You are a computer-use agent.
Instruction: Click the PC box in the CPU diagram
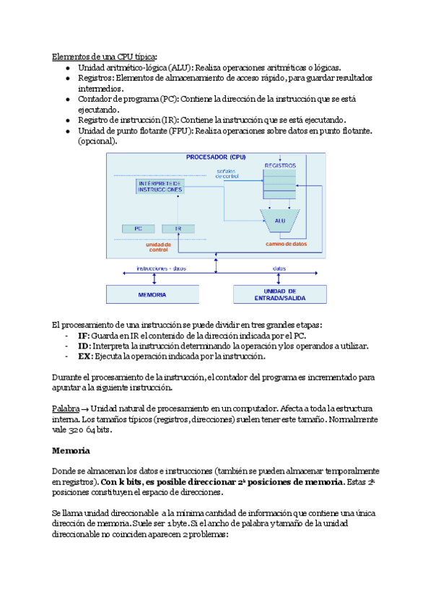(x=138, y=228)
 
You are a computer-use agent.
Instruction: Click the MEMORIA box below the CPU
(x=152, y=294)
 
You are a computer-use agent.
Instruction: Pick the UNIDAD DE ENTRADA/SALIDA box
(x=279, y=294)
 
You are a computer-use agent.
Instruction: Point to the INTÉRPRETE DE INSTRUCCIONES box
(x=160, y=187)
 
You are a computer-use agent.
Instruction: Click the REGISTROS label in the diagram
(x=281, y=166)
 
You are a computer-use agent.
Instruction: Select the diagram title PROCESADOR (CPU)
(x=216, y=157)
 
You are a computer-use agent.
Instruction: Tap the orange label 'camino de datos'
(x=286, y=244)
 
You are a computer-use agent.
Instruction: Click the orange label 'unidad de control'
(x=158, y=247)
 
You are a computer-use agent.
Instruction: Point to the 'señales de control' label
(x=227, y=174)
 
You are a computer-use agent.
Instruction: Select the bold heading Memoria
(x=71, y=450)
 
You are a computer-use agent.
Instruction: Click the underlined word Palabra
(x=66, y=409)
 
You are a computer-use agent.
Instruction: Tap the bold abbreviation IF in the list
(x=83, y=336)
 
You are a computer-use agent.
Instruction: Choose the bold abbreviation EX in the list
(x=84, y=356)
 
